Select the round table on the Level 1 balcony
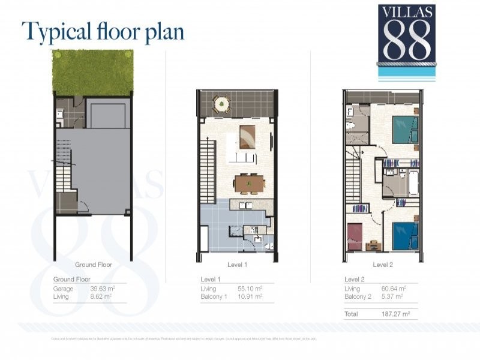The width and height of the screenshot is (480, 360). click(x=223, y=104)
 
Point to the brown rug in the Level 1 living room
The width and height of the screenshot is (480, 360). click(x=247, y=136)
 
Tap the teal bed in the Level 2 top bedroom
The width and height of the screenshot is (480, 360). click(x=404, y=128)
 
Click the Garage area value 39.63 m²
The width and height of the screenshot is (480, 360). click(x=102, y=289)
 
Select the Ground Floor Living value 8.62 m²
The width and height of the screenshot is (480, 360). click(x=102, y=296)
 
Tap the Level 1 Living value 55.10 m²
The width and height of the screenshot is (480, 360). click(x=250, y=289)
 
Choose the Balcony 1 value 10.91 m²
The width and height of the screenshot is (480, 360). click(x=250, y=296)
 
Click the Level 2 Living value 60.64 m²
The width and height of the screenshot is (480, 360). click(x=394, y=289)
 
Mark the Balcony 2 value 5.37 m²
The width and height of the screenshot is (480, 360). click(x=392, y=296)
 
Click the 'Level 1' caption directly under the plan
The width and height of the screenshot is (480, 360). click(x=238, y=265)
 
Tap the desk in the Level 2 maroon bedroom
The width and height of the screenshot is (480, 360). click(x=372, y=244)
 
